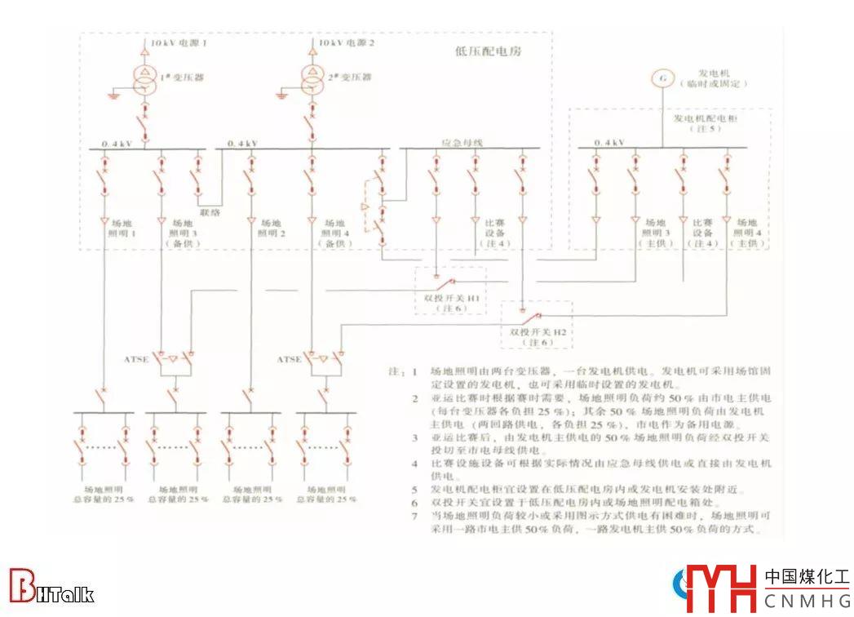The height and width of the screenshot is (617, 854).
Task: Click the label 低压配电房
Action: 488,51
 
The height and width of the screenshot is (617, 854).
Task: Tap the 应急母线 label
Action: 462,143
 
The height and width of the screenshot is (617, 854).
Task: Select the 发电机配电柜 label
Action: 706,118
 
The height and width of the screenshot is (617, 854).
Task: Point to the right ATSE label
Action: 289,359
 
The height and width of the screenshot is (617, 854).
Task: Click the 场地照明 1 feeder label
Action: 122,228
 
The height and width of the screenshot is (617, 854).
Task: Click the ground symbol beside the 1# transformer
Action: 113,96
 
